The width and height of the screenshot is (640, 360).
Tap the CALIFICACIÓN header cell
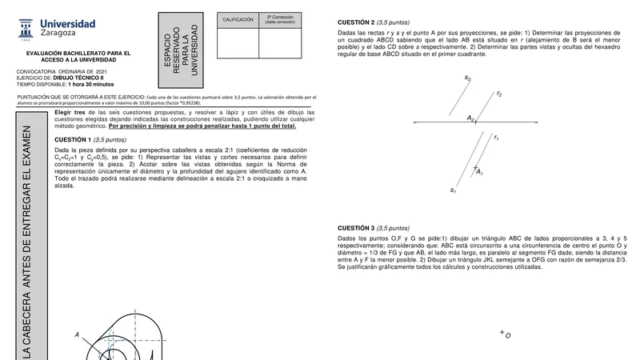[238, 19]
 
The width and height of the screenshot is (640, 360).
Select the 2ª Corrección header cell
[281, 19]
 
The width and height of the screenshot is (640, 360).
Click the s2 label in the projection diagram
[467, 78]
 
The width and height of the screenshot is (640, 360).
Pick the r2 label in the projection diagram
[499, 94]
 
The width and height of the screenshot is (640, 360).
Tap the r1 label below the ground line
[497, 139]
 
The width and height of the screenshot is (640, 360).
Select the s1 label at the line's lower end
[454, 190]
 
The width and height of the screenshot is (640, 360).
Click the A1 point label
[479, 171]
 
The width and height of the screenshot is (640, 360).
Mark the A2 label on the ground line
[471, 118]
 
